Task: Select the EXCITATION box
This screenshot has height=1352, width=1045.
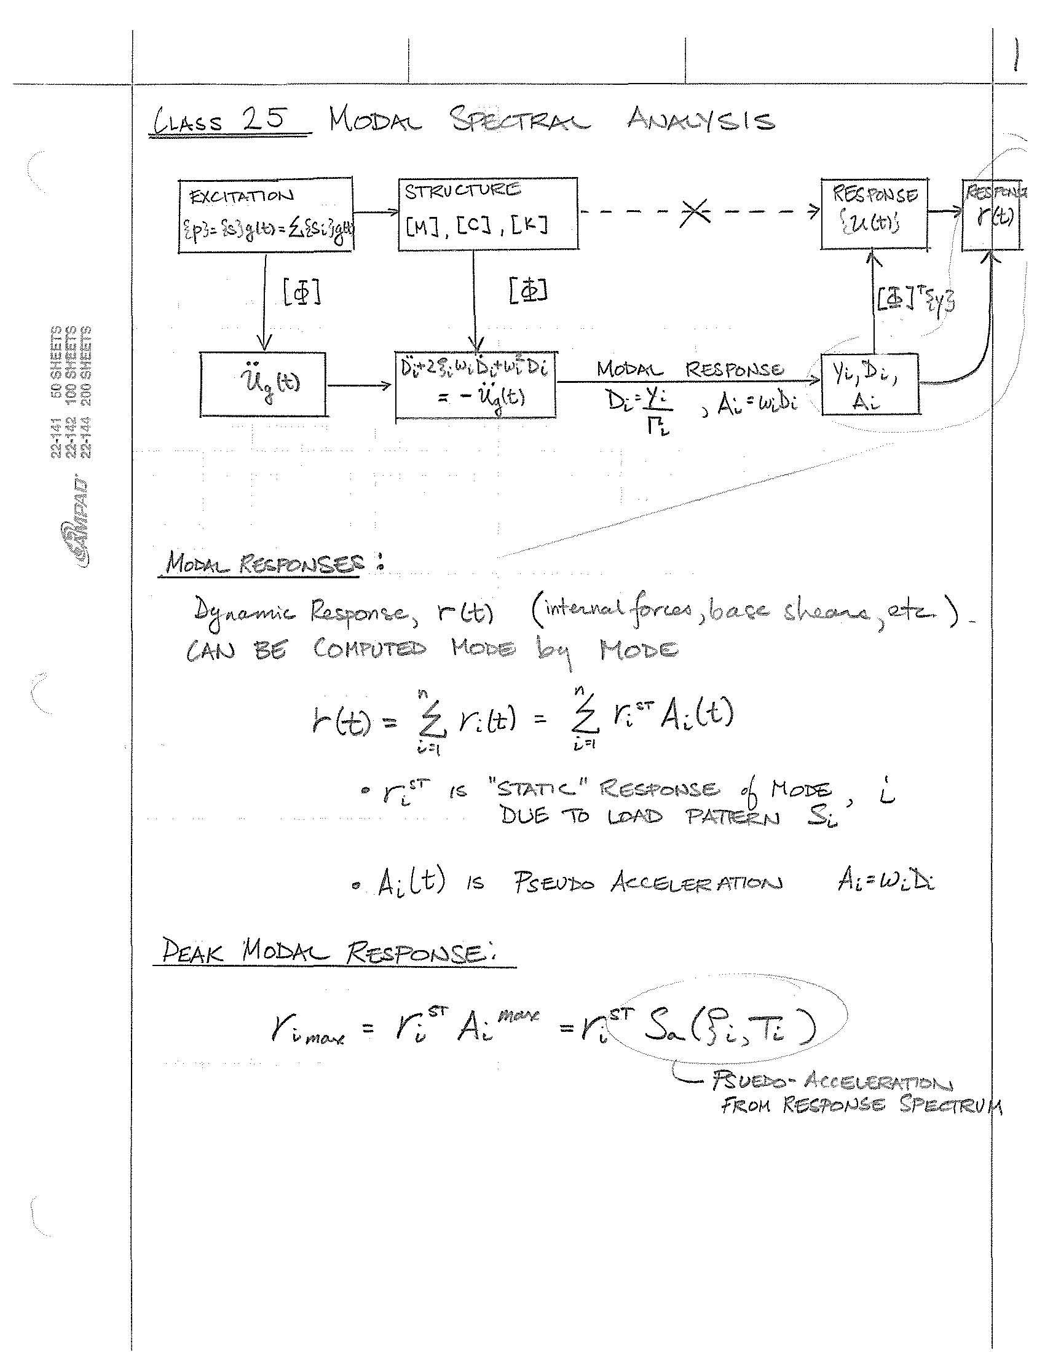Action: coord(265,215)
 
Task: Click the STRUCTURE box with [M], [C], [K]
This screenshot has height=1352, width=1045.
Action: coord(488,214)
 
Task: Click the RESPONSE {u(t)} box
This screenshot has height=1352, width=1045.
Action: coord(873,214)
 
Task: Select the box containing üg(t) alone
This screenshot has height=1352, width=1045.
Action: coord(263,384)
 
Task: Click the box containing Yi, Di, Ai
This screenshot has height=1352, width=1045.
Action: coord(869,384)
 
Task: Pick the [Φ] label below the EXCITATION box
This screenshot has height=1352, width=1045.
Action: coord(302,291)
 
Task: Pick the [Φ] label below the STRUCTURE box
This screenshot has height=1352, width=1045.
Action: coord(528,290)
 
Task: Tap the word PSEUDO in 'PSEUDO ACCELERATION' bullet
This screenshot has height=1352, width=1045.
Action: coord(553,882)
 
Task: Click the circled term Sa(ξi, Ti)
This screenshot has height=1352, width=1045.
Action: coord(730,1028)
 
